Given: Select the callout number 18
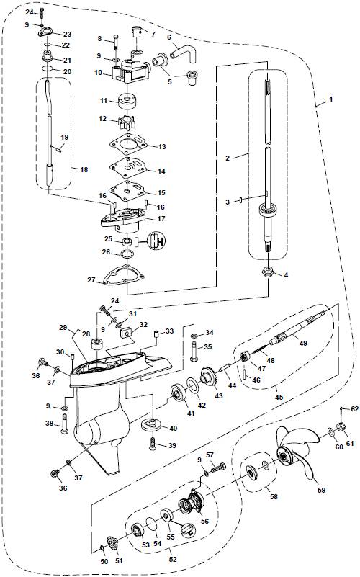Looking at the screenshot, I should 84,170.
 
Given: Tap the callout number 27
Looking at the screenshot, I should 91,279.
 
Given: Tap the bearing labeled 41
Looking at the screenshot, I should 176,395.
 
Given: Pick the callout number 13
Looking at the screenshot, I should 162,147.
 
